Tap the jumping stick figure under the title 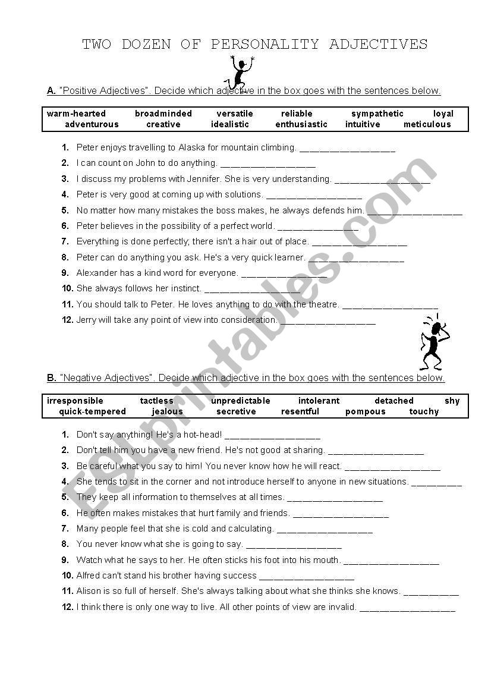(240, 71)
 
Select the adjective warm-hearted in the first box (76, 114)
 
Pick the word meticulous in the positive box (427, 124)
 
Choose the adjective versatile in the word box (235, 114)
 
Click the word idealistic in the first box (230, 124)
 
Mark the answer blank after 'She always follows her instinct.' (251, 290)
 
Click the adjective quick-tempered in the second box (93, 411)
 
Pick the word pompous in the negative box (365, 411)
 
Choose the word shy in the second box (452, 401)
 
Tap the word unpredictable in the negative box (240, 401)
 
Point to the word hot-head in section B (203, 435)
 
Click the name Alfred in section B (90, 576)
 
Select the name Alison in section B (90, 591)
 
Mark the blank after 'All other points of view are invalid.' (407, 608)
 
